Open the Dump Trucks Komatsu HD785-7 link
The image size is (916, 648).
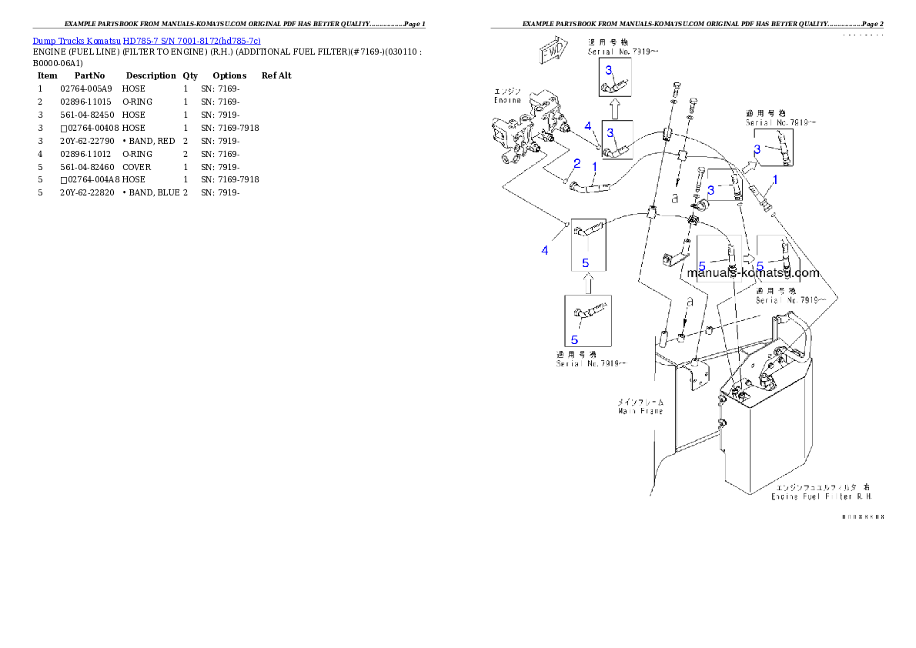click(x=146, y=40)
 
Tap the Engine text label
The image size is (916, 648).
click(x=507, y=100)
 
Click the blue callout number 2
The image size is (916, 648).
click(x=577, y=163)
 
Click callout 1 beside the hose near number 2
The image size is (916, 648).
click(x=594, y=165)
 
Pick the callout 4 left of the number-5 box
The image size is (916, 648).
click(x=545, y=250)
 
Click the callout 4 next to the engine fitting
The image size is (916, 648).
click(x=587, y=125)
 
